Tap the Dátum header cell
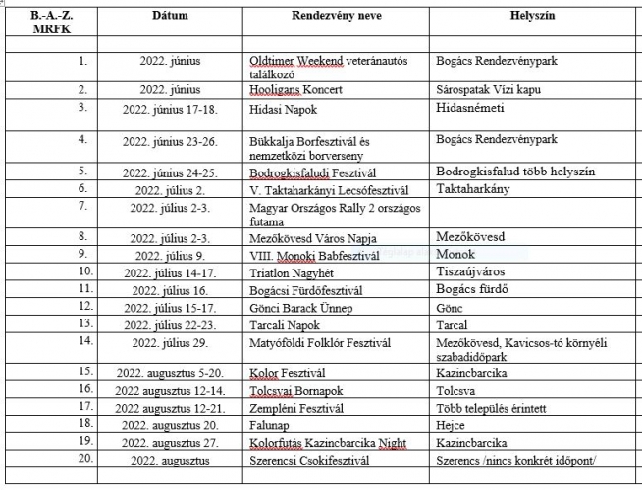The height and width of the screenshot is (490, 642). (170, 18)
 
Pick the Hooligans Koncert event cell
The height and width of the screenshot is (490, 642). (292, 89)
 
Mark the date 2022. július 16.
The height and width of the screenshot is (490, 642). (170, 289)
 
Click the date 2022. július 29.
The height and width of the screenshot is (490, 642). (170, 341)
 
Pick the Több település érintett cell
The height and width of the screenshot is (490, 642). (489, 408)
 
